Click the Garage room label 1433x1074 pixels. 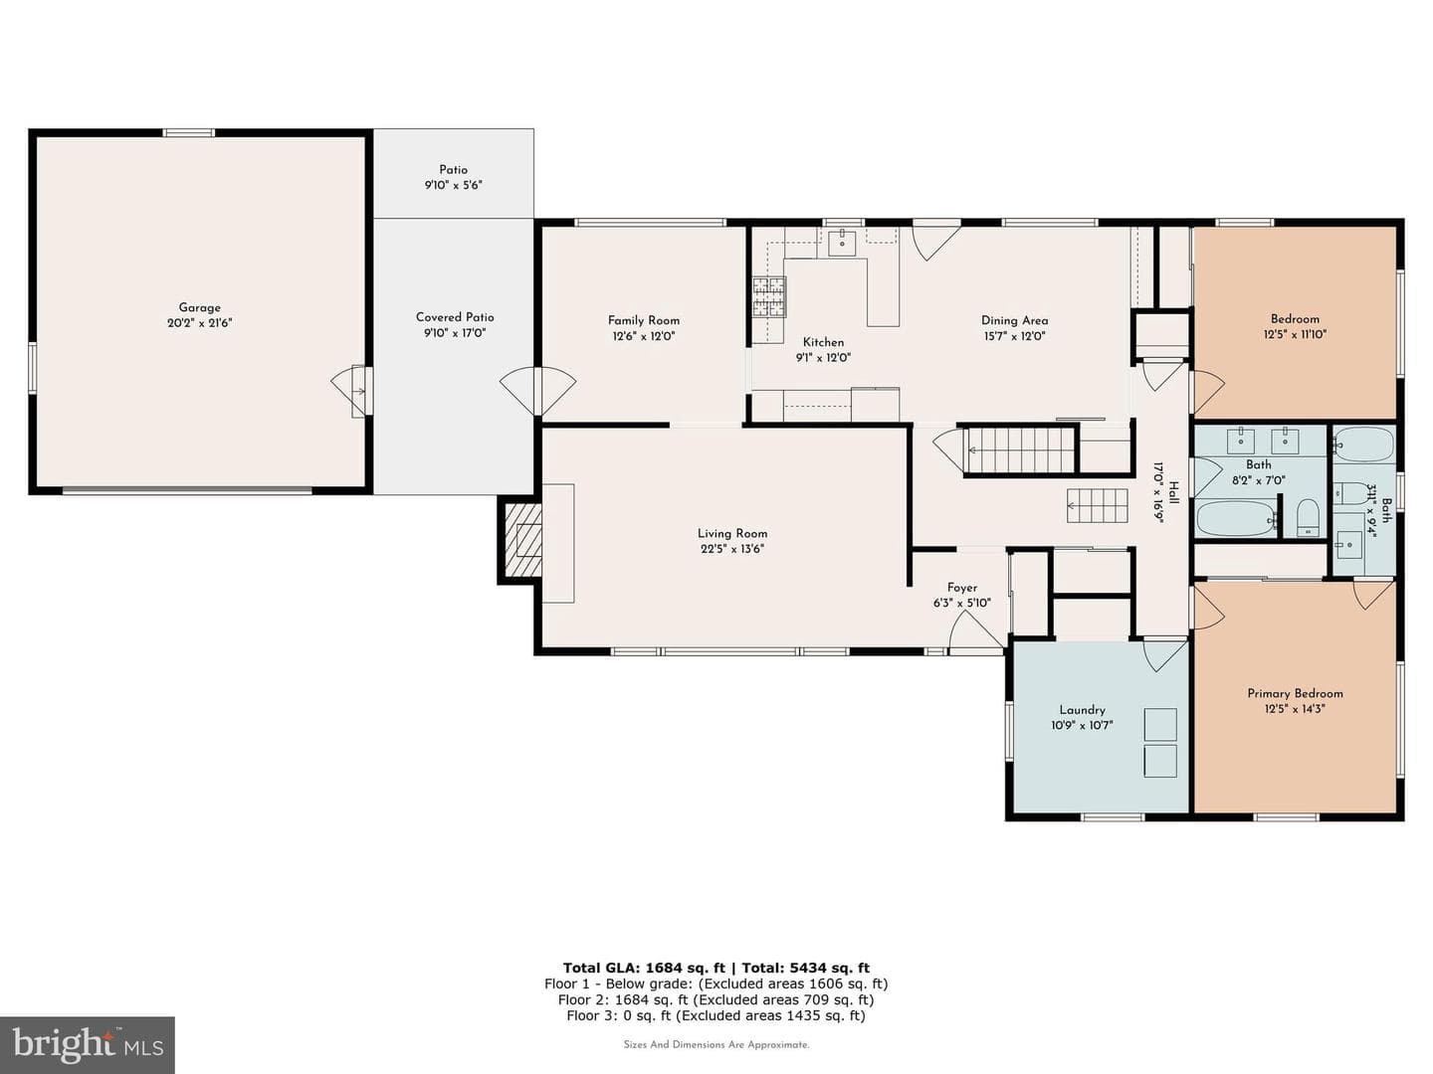[x=199, y=307]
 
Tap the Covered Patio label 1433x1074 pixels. [x=455, y=317]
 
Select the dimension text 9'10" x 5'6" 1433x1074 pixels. [x=453, y=185]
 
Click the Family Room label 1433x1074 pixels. [x=644, y=320]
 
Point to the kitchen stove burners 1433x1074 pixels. [x=769, y=296]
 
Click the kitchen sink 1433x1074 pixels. [x=842, y=243]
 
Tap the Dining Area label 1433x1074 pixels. [x=1014, y=320]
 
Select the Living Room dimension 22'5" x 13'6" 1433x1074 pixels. [x=732, y=549]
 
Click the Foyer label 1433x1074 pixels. [x=961, y=588]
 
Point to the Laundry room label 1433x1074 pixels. [x=1082, y=710]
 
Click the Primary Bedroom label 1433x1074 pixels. [x=1295, y=693]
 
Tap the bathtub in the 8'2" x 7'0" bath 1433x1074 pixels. [x=1236, y=518]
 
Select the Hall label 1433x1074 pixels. [x=1174, y=492]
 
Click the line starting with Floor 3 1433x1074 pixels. [x=716, y=1015]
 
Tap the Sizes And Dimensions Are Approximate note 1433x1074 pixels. [x=716, y=1044]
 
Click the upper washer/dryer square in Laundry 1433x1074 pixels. [x=1160, y=725]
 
